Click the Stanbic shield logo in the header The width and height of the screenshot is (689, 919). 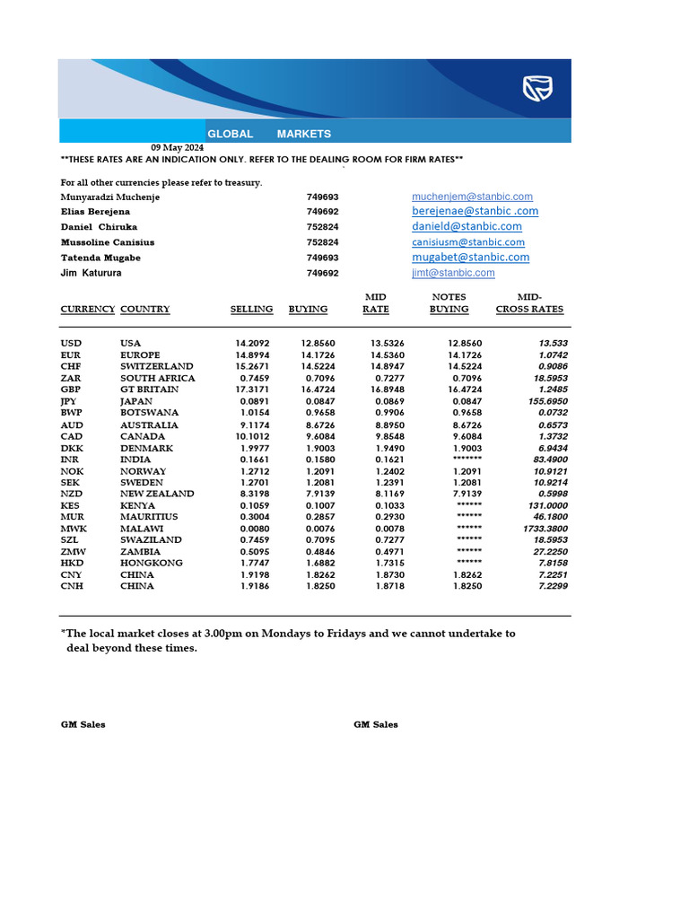[537, 88]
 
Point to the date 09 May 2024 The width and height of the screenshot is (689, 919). [177, 147]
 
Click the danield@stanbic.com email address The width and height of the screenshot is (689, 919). [467, 227]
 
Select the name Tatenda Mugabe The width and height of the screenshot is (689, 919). [100, 258]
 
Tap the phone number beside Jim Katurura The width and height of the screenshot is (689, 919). [322, 273]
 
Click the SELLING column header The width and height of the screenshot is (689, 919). [251, 310]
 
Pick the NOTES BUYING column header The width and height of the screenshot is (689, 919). [449, 303]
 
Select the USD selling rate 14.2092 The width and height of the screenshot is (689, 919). [252, 344]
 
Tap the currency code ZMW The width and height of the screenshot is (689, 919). [73, 552]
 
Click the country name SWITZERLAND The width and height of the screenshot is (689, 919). [156, 367]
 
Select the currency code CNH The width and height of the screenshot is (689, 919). [72, 586]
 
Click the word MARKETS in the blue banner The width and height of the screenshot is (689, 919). [303, 134]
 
